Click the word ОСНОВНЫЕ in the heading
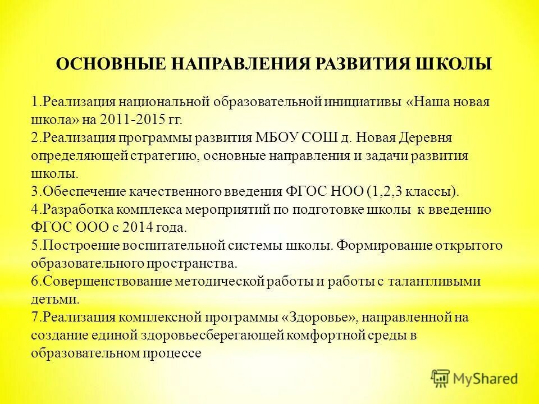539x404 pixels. click(103, 64)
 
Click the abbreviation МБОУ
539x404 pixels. click(278, 138)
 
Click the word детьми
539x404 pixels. click(52, 300)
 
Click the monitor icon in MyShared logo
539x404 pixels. click(441, 378)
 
